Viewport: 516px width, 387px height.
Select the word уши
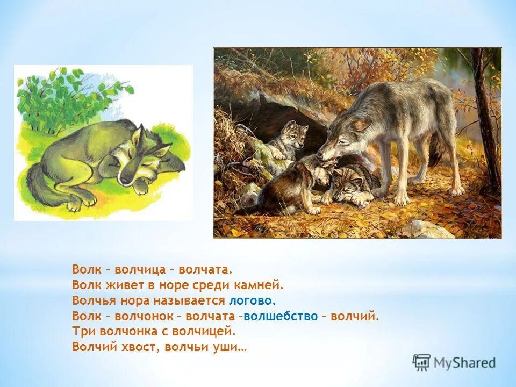pyautogui.click(x=233, y=347)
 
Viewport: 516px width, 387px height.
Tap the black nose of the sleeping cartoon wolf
pyautogui.click(x=125, y=179)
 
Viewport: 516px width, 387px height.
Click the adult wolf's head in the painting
pyautogui.click(x=341, y=140)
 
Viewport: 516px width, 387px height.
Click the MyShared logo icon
pyautogui.click(x=421, y=362)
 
